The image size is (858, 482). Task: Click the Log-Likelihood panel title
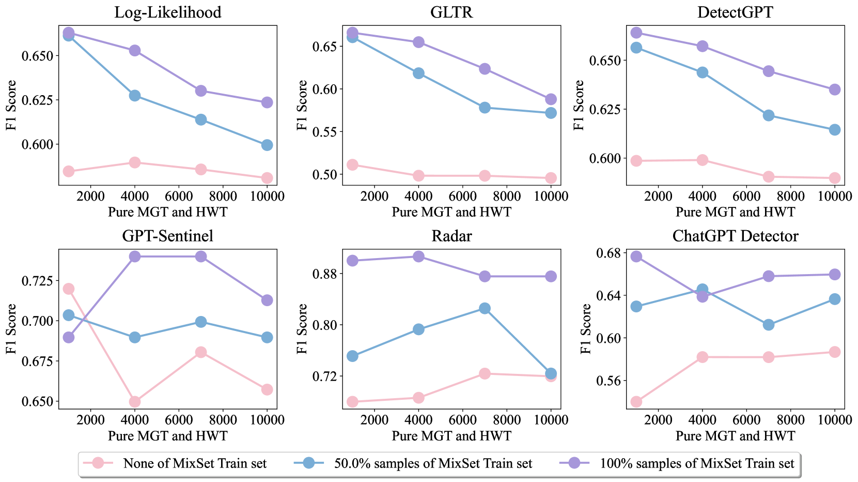[x=167, y=12]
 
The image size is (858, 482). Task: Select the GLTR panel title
[x=451, y=12]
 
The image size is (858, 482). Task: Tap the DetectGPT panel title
[x=735, y=12]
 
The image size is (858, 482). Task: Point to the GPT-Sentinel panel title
[x=167, y=236]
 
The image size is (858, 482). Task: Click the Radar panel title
[x=451, y=236]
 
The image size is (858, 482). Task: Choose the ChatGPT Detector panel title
[x=735, y=236]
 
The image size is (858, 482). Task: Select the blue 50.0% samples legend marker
[x=308, y=463]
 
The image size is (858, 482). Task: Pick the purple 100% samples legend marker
[x=574, y=463]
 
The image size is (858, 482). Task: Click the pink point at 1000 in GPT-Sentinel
[x=68, y=289]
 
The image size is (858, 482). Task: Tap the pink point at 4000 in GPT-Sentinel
[x=134, y=402]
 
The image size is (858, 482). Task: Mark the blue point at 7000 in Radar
[x=485, y=308]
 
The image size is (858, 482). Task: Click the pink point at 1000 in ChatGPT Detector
[x=636, y=402]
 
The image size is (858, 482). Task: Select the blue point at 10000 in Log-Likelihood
[x=267, y=145]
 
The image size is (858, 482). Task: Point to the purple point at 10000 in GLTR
[x=551, y=99]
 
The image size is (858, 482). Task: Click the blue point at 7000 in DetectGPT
[x=769, y=115]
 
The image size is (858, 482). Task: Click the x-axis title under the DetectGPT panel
[x=735, y=212]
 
